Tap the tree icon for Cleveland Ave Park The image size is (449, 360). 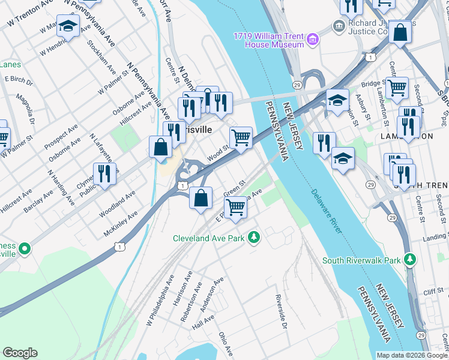[255, 238]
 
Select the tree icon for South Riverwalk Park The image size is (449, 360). [410, 260]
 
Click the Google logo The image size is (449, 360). [20, 353]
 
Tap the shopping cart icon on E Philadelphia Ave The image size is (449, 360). [236, 207]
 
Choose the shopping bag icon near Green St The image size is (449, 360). [201, 197]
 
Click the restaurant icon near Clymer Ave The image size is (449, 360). [105, 173]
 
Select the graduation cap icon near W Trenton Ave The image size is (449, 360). [68, 26]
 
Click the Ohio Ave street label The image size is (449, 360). [226, 344]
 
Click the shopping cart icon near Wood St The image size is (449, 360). [241, 137]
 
